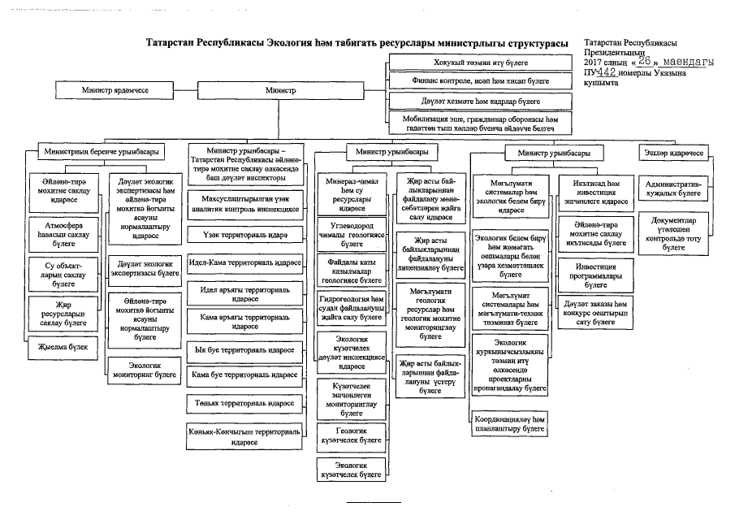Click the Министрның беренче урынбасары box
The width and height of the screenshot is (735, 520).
click(x=102, y=152)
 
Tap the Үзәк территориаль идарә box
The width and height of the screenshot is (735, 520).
click(x=244, y=235)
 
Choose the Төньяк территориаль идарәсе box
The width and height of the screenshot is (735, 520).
click(x=244, y=402)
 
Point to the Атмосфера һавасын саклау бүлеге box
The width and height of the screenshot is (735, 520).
click(x=63, y=228)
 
